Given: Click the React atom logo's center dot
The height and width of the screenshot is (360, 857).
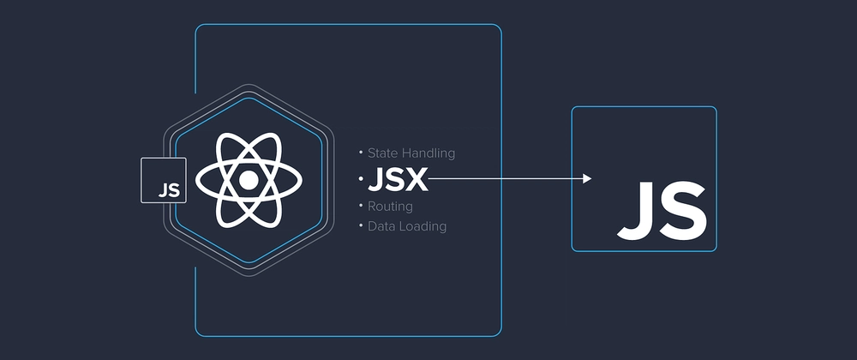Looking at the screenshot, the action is point(249,180).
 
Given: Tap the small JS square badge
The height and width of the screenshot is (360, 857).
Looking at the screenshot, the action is point(164,180).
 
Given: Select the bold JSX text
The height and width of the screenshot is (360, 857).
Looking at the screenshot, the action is point(398,180).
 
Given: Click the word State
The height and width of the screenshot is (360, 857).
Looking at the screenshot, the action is point(384,153).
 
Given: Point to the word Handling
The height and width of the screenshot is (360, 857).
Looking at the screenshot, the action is point(429,153).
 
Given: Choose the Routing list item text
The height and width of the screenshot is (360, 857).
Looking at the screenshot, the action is point(390,207).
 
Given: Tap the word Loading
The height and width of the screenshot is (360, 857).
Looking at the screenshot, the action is point(422,226).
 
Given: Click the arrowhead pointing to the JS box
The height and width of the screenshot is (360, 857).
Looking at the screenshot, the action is point(588,178).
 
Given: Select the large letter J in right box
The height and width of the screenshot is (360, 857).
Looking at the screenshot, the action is point(636,211).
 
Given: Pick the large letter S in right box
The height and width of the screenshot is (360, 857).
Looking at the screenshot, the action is point(682,211).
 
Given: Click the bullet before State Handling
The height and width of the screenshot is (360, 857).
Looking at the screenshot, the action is point(361,151).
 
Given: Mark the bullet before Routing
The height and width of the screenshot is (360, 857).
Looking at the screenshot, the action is point(361,205).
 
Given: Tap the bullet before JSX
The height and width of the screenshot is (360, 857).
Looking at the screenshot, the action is point(362,178).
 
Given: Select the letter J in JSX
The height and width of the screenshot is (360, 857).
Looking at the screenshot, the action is point(376,180).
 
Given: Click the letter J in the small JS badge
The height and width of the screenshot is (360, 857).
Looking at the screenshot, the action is point(162,190).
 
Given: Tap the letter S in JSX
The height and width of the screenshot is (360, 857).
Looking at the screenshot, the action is point(395,180).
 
